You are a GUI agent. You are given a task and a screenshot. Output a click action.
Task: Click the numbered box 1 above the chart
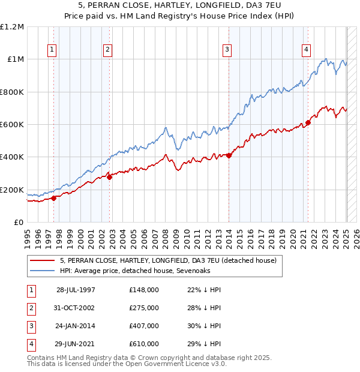click(x=53, y=50)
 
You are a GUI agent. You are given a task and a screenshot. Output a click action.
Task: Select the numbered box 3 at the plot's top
click(x=227, y=50)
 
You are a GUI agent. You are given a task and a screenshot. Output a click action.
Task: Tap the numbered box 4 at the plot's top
click(x=306, y=50)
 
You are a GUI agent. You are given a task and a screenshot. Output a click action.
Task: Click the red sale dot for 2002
click(x=109, y=177)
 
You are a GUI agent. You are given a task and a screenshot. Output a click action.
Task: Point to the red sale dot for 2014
click(x=229, y=156)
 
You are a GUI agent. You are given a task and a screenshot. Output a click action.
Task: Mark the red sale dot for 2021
click(x=308, y=123)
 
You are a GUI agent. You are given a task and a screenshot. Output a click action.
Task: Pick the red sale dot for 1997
click(x=53, y=198)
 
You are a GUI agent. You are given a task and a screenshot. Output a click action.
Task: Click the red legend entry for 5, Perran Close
click(x=168, y=260)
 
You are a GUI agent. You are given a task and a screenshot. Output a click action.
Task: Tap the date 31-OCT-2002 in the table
click(x=75, y=308)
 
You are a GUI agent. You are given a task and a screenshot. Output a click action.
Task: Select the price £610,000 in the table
click(x=144, y=344)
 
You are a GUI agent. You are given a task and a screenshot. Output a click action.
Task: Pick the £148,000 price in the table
click(x=144, y=290)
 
